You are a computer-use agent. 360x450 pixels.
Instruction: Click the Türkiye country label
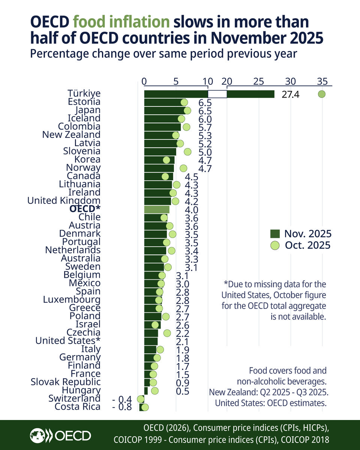tap(84, 93)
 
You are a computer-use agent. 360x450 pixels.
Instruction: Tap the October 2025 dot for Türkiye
tap(321, 94)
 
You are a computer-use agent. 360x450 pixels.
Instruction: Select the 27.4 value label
tap(290, 94)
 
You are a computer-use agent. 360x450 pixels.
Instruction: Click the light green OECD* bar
tap(157, 209)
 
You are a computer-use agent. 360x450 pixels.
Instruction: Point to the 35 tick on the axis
tap(322, 81)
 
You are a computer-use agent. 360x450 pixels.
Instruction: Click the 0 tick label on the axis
tap(144, 81)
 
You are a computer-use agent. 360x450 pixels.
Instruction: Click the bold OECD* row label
tap(85, 209)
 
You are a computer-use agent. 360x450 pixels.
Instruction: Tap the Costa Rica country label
tap(78, 406)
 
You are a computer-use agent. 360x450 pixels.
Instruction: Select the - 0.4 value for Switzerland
tap(122, 399)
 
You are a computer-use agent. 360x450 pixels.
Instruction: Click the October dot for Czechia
tap(167, 333)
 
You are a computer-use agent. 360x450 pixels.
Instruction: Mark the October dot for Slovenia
tap(187, 151)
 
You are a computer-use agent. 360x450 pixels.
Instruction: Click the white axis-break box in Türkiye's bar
tap(217, 94)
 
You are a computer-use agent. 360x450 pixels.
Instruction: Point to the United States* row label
tap(68, 340)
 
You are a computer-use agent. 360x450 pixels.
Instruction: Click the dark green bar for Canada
tap(158, 176)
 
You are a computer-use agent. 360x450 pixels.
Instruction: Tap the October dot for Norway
tap(183, 168)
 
